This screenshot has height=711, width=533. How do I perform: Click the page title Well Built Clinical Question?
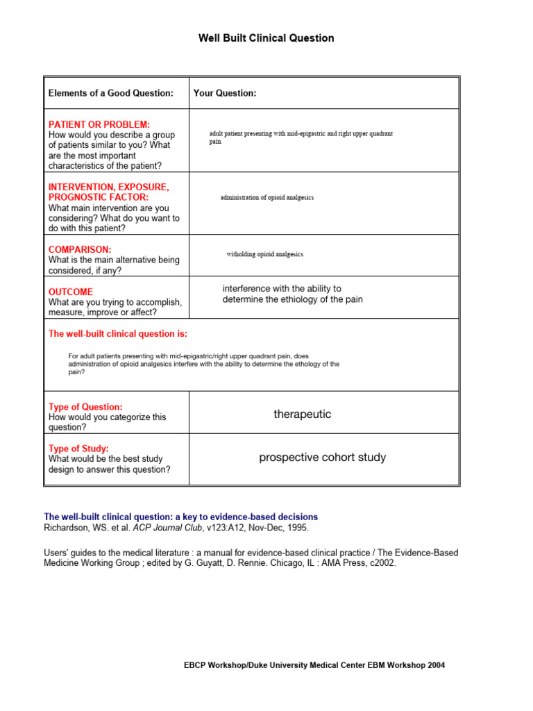266,38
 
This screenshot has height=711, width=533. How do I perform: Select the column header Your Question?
225,93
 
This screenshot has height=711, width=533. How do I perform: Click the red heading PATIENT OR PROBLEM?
99,124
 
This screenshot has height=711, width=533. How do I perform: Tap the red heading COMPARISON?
80,249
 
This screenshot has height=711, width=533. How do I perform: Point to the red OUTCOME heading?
70,292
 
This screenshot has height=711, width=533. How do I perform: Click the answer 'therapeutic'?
302,415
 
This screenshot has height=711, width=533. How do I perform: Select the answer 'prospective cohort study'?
322,458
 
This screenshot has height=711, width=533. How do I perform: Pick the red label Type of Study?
78,449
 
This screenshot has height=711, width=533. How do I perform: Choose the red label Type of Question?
85,407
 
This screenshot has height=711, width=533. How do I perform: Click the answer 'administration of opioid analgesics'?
267,198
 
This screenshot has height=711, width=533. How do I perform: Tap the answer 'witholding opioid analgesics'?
264,254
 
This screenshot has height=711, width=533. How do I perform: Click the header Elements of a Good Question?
111,93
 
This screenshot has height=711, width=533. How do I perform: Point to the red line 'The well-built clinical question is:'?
117,334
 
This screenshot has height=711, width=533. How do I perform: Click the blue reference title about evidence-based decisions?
180,517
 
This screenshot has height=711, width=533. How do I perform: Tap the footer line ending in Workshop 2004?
314,665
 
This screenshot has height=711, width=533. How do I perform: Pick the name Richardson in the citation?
67,528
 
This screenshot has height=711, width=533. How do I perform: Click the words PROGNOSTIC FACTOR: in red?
99,198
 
